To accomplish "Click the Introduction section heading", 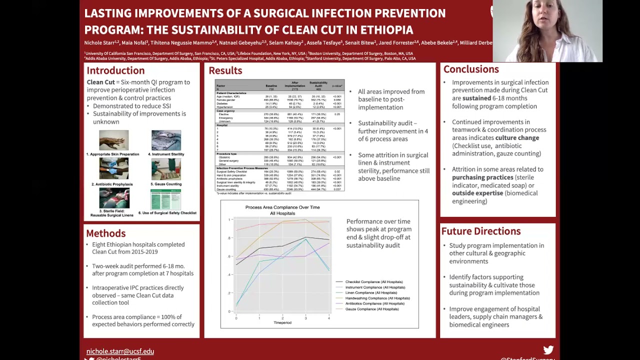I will coord(115,70).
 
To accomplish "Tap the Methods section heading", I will coord(105,233).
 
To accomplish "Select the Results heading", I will coord(225,70).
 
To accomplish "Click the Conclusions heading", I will coord(470,69).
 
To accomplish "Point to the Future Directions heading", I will coord(480,231).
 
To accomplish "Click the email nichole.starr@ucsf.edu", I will coord(120,351).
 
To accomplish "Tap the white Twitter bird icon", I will coord(548,350).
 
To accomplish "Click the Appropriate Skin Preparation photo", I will coord(113,140).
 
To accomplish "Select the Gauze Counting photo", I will coord(166,169).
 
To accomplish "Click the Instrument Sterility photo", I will coord(166,140).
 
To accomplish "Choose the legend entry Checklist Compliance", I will coord(373,282).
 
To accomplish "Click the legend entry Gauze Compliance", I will coord(371,309).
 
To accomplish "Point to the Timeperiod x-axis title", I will coord(282,323).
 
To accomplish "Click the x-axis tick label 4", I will coord(328,318).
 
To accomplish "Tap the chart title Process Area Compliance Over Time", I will coord(282,207).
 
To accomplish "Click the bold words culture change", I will coord(517,138).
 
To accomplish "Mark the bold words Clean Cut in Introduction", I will coord(100,82).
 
